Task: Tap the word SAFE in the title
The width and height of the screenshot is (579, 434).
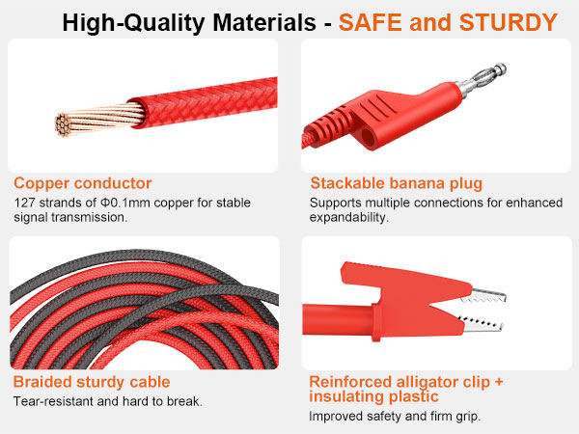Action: [x=373, y=21]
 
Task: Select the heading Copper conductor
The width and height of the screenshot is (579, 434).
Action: [x=82, y=183]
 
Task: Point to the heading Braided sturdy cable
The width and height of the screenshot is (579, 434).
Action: [x=92, y=382]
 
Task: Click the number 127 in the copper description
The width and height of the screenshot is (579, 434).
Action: [x=25, y=203]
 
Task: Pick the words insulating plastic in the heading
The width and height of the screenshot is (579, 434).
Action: [x=373, y=396]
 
